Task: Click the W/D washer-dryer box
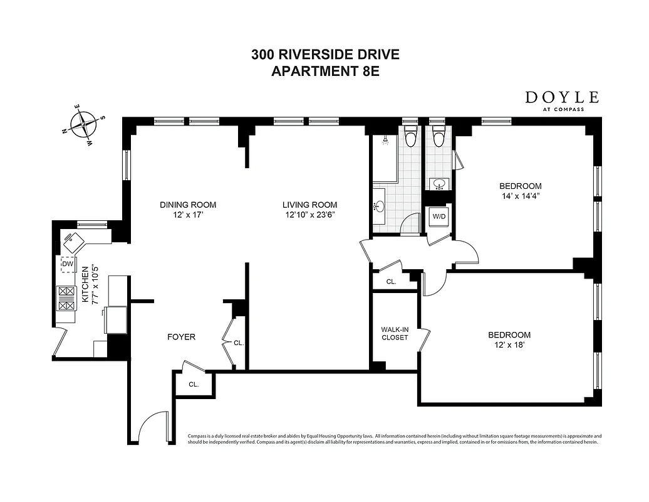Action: [x=438, y=218]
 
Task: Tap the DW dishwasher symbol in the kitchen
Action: [x=68, y=264]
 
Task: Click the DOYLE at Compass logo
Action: [x=562, y=100]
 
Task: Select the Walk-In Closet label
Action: [x=395, y=333]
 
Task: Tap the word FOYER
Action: [x=181, y=337]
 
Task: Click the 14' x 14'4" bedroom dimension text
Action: [x=520, y=196]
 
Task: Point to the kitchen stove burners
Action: [x=66, y=298]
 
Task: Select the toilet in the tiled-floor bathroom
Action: [x=411, y=135]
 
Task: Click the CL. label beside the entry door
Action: [x=194, y=384]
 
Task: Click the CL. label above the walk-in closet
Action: [x=391, y=282]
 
